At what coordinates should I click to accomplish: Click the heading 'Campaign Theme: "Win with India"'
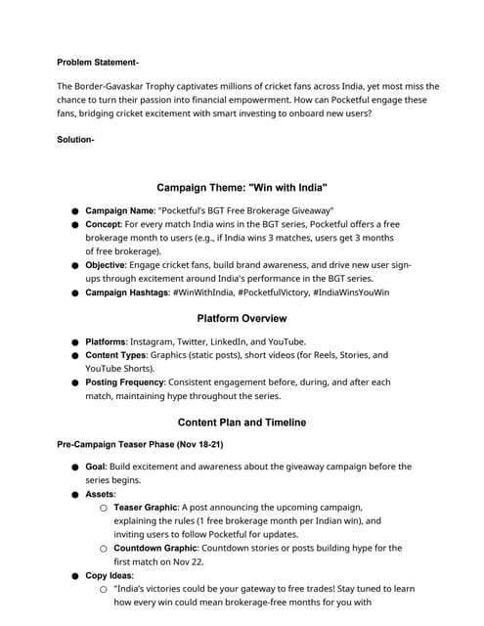[242, 187]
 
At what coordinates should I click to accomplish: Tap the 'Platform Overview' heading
[242, 318]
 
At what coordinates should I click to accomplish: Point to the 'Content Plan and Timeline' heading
[242, 423]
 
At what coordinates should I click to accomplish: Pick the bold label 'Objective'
[110, 265]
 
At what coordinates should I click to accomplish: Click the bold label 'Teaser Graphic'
[148, 509]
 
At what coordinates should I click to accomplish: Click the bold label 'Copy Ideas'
[109, 576]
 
